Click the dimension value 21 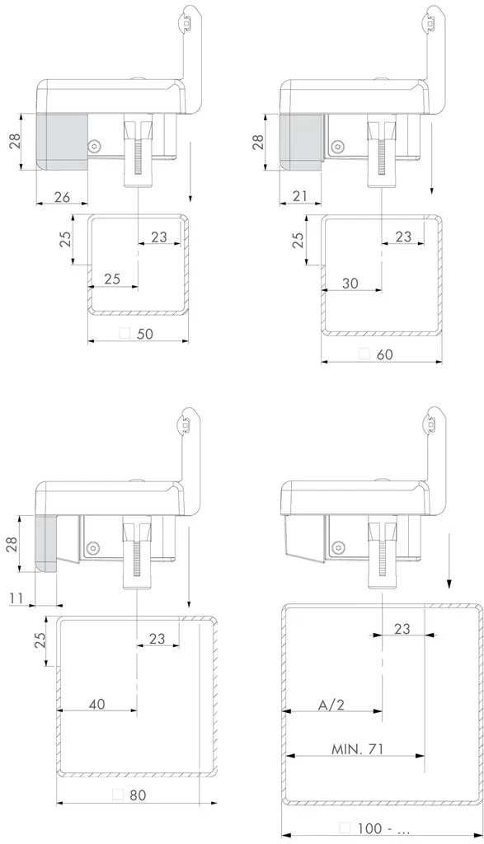301,195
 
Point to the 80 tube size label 137,795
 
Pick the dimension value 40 97,704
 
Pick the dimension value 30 350,283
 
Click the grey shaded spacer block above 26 62,141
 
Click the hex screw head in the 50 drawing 97,147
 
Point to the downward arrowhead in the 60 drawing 431,191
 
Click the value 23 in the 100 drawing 402,628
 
